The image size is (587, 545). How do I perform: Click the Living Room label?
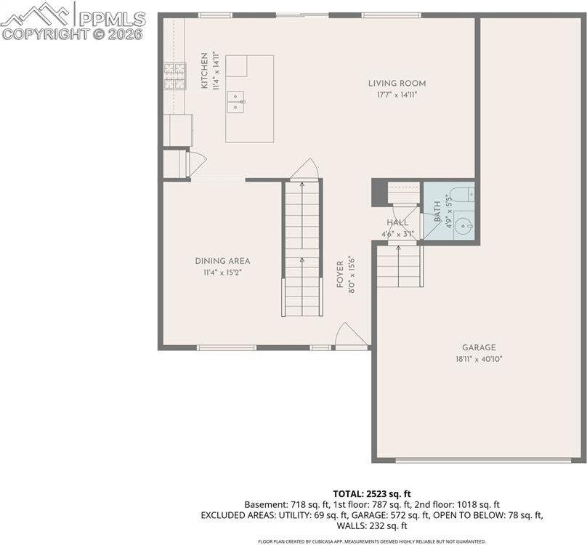pyautogui.click(x=396, y=84)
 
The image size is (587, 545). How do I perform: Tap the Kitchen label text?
pyautogui.click(x=205, y=70)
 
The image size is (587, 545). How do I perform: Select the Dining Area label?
pyautogui.click(x=222, y=261)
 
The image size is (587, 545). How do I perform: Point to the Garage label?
pyautogui.click(x=478, y=347)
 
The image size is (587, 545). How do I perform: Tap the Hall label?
pyautogui.click(x=397, y=222)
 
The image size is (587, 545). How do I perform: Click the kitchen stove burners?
pyautogui.click(x=174, y=76)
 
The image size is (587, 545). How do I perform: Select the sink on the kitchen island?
pyautogui.click(x=235, y=102)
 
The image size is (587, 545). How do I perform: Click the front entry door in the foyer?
pyautogui.click(x=351, y=337)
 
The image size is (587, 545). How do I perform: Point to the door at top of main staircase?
pyautogui.click(x=304, y=170)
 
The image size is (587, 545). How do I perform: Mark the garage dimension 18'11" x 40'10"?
pyautogui.click(x=478, y=359)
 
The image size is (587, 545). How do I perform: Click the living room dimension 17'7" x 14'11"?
pyautogui.click(x=396, y=95)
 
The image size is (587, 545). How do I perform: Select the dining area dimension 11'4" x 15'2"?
pyautogui.click(x=222, y=272)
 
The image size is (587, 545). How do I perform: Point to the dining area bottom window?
pyautogui.click(x=226, y=347)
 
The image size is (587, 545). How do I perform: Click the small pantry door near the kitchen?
pyautogui.click(x=196, y=163)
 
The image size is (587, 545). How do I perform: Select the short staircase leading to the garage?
pyautogui.click(x=399, y=266)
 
